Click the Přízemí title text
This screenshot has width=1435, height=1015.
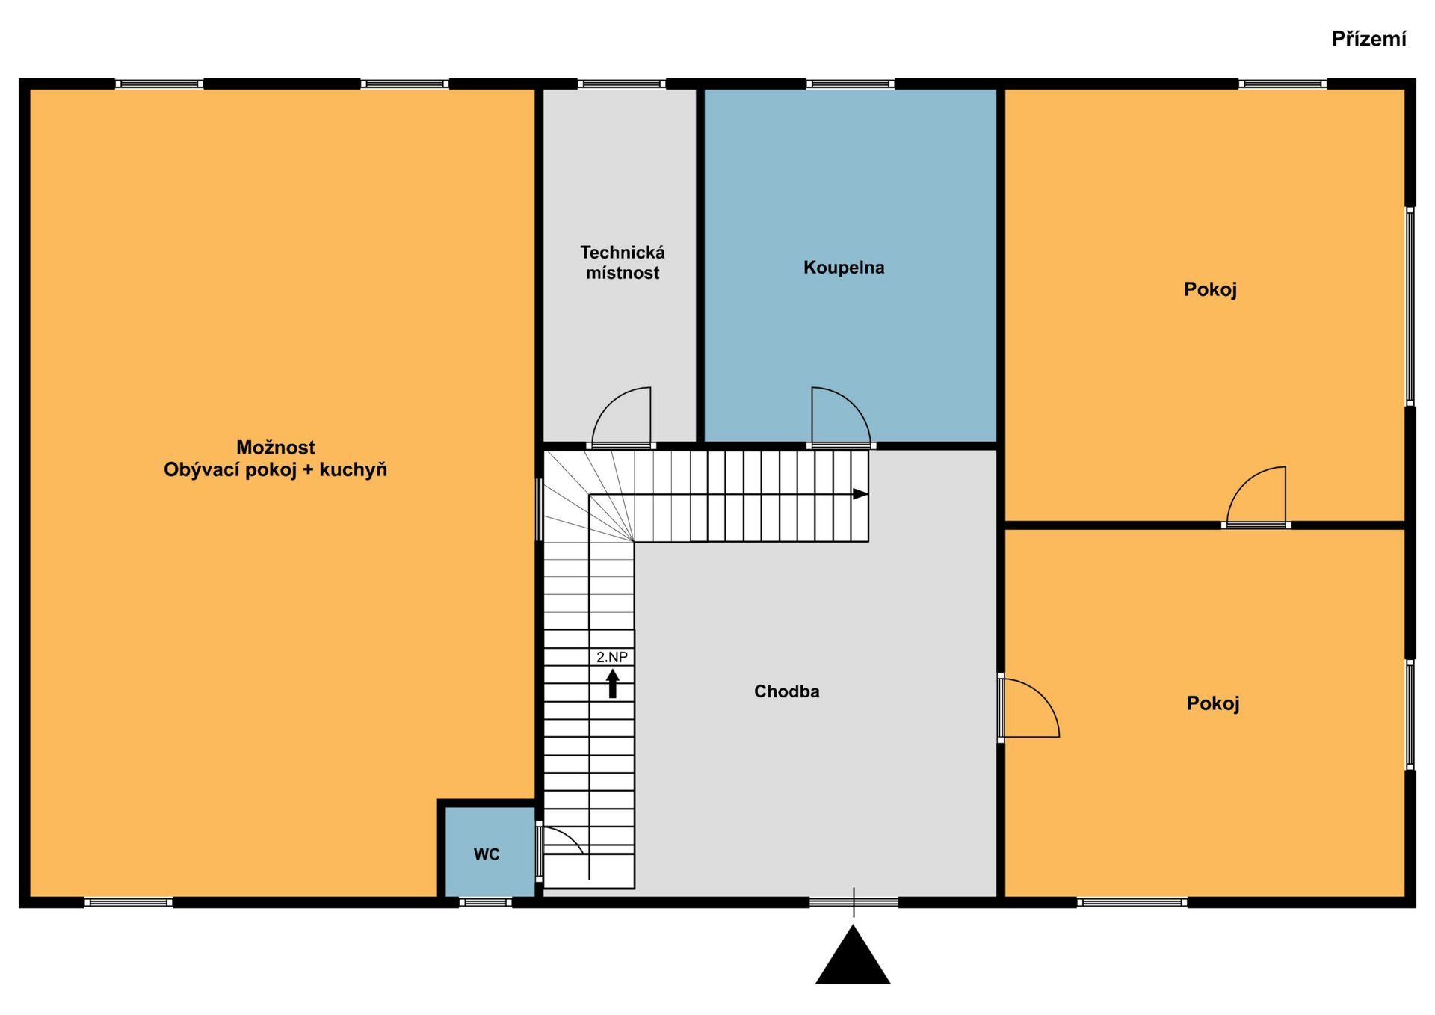point(1368,39)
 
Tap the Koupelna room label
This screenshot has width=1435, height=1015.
point(844,268)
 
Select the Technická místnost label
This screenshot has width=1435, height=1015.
point(623,262)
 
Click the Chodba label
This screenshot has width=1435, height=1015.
point(786,691)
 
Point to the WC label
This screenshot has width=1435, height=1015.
point(487,854)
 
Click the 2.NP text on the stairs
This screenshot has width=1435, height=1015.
point(612,657)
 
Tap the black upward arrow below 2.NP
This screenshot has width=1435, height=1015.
point(613,684)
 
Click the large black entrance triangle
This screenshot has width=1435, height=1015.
point(853,954)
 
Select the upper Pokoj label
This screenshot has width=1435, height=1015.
point(1210,289)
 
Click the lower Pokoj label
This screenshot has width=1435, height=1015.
point(1213,703)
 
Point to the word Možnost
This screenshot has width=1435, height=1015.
point(276,447)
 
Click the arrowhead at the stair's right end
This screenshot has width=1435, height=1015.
point(860,494)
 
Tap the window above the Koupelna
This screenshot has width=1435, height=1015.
point(851,84)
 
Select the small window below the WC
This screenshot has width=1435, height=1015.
point(485,902)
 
